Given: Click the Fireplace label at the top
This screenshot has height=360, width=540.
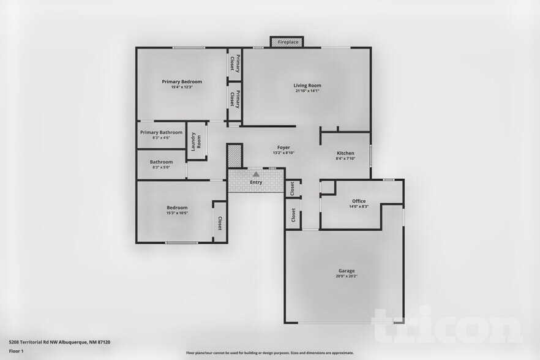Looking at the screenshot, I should pyautogui.click(x=288, y=42).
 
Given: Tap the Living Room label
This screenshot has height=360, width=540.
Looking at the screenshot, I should pyautogui.click(x=307, y=86).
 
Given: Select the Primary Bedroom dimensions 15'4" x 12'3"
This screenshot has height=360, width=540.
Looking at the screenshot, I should pyautogui.click(x=182, y=87).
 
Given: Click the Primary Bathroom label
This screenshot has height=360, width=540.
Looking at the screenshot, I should pyautogui.click(x=161, y=132).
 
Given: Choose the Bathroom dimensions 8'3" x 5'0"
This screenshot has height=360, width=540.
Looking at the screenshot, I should pyautogui.click(x=161, y=167).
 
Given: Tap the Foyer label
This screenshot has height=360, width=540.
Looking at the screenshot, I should pyautogui.click(x=283, y=148).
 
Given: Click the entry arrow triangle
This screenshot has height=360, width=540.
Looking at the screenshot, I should pyautogui.click(x=256, y=174).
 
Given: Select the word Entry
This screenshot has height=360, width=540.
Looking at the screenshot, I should pyautogui.click(x=256, y=182).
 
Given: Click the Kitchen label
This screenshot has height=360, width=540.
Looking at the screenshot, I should pyautogui.click(x=345, y=153).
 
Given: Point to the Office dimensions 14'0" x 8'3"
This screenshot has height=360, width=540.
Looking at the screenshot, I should pyautogui.click(x=359, y=206).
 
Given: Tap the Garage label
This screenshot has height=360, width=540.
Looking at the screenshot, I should pyautogui.click(x=347, y=271).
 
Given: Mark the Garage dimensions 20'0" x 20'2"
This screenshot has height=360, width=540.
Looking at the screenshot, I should pyautogui.click(x=347, y=276).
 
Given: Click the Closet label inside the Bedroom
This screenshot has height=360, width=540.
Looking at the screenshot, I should pyautogui.click(x=219, y=223).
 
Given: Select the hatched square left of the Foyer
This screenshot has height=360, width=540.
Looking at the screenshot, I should pyautogui.click(x=235, y=156).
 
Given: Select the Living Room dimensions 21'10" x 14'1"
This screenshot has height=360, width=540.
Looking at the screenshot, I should pyautogui.click(x=307, y=91).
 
